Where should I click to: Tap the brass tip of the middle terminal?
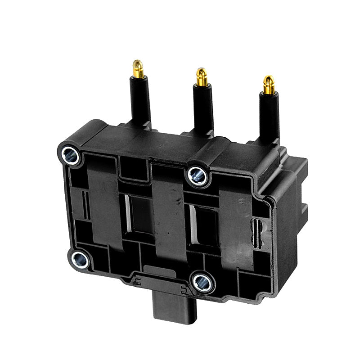[202, 77]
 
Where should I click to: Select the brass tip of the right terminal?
[269, 85]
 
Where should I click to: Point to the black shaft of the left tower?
[141, 101]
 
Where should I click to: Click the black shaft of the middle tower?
[203, 108]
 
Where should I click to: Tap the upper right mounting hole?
[197, 175]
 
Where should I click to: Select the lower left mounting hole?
[80, 259]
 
